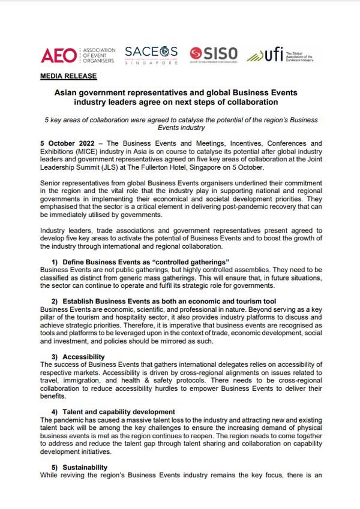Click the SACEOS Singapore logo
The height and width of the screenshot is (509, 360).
click(151, 55)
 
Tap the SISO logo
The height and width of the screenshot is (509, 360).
click(214, 55)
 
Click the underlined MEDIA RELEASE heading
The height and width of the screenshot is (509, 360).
click(68, 77)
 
